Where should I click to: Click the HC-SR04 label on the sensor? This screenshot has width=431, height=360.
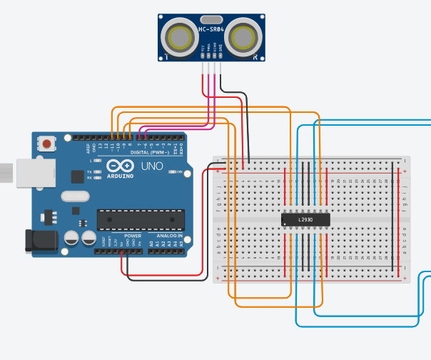click(x=211, y=30)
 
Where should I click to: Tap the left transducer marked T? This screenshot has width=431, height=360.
click(x=177, y=36)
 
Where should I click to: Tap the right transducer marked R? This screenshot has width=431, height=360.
click(x=245, y=36)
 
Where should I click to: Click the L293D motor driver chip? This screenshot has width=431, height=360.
click(x=305, y=220)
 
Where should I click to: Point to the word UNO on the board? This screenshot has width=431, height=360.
click(x=151, y=166)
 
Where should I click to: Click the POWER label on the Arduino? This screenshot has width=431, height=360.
click(x=133, y=235)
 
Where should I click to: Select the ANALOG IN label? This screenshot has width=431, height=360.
click(x=170, y=235)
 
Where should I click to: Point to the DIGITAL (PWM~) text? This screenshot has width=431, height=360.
click(x=150, y=152)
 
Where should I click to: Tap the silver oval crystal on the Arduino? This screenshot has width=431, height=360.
click(x=75, y=196)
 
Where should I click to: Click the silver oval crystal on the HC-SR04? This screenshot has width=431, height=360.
click(x=211, y=19)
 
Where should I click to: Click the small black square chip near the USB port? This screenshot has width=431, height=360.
click(x=77, y=176)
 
